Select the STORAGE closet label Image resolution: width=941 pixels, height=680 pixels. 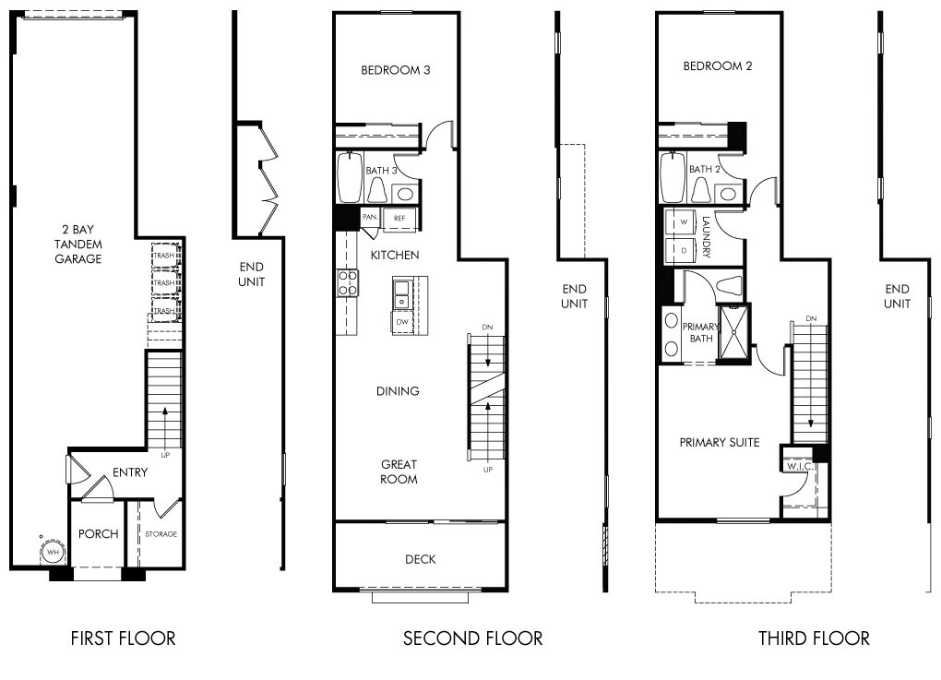click(161, 534)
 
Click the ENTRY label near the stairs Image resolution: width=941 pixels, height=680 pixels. click(130, 472)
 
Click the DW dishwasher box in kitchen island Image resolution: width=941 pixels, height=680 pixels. click(401, 322)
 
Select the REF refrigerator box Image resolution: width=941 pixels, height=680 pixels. click(399, 218)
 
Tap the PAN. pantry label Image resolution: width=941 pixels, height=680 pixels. click(370, 218)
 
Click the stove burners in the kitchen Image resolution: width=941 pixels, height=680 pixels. click(348, 282)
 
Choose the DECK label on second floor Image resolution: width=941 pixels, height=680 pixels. click(420, 559)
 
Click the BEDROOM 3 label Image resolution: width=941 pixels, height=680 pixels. click(395, 70)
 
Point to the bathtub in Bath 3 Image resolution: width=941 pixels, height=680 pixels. click(350, 179)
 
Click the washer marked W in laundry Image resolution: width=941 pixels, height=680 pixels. click(684, 222)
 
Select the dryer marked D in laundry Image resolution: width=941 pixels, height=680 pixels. click(684, 250)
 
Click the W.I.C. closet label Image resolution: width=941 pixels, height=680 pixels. click(797, 467)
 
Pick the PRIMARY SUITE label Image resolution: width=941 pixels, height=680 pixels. click(720, 442)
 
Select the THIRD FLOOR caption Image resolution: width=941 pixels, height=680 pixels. click(814, 638)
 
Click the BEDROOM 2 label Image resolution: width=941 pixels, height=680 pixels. click(718, 66)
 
